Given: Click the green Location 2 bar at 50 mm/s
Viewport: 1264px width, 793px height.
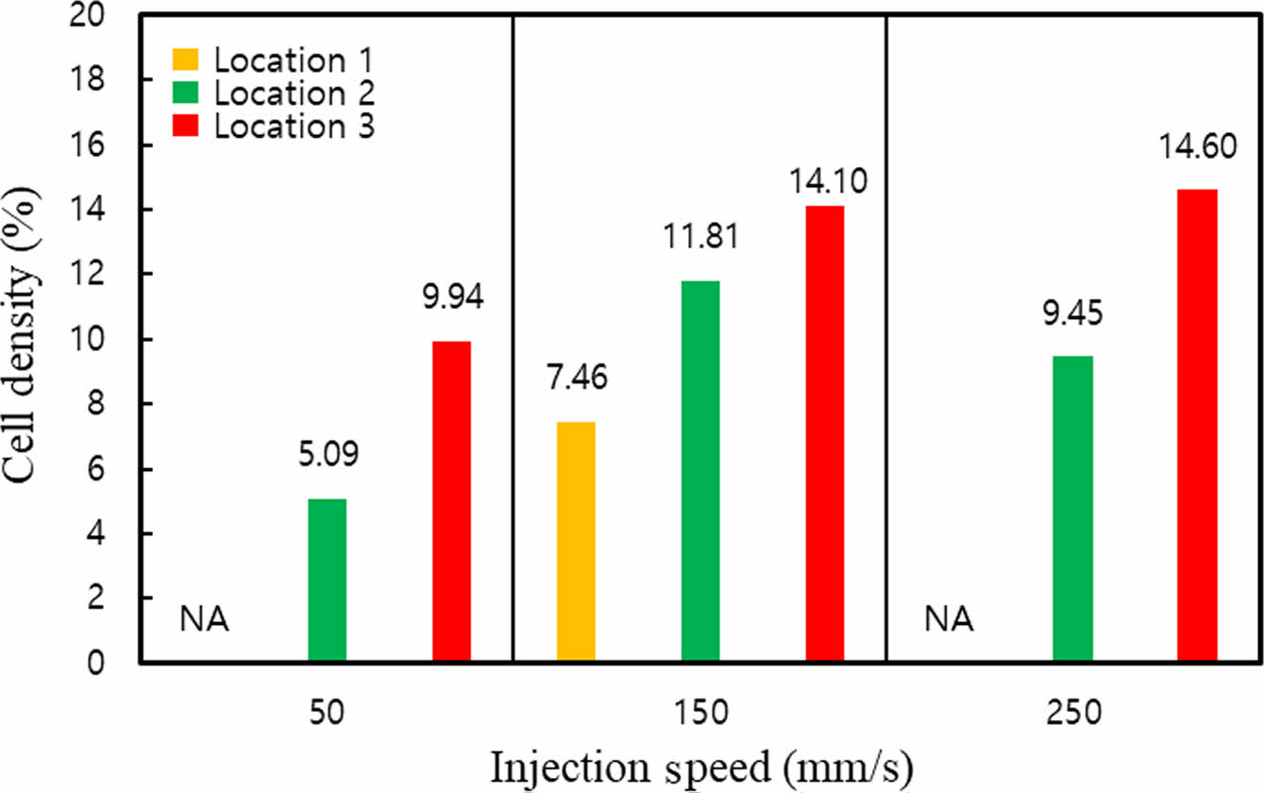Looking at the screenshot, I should coord(328,581).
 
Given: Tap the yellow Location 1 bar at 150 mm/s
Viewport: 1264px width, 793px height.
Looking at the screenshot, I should coord(576,542).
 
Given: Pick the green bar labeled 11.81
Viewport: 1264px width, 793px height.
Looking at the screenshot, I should coord(700,472).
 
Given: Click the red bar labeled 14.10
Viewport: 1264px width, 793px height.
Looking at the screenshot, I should coord(825,434).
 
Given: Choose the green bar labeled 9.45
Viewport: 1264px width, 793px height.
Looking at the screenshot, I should coord(1073,510).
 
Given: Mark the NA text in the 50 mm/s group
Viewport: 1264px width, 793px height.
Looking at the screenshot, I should coord(205,621).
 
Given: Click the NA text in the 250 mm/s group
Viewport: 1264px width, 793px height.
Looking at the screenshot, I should coord(949,621).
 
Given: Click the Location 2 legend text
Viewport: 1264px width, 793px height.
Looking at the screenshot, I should coord(295,93).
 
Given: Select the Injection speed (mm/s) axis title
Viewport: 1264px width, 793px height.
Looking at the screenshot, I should coord(700,768).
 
